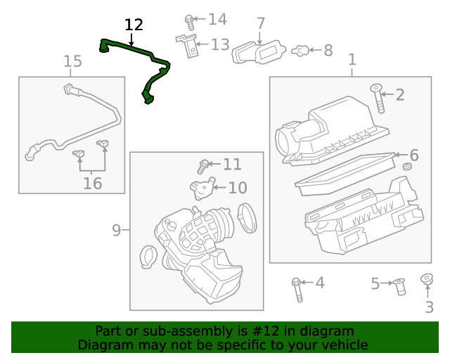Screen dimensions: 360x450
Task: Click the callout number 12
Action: (134, 25)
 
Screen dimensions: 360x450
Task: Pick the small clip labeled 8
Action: (299, 50)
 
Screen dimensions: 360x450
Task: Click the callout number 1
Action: (352, 60)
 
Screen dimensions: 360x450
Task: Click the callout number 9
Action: (117, 230)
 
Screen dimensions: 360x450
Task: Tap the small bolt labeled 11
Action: (203, 166)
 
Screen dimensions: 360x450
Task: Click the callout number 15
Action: (73, 62)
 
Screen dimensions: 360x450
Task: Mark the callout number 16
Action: (92, 184)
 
